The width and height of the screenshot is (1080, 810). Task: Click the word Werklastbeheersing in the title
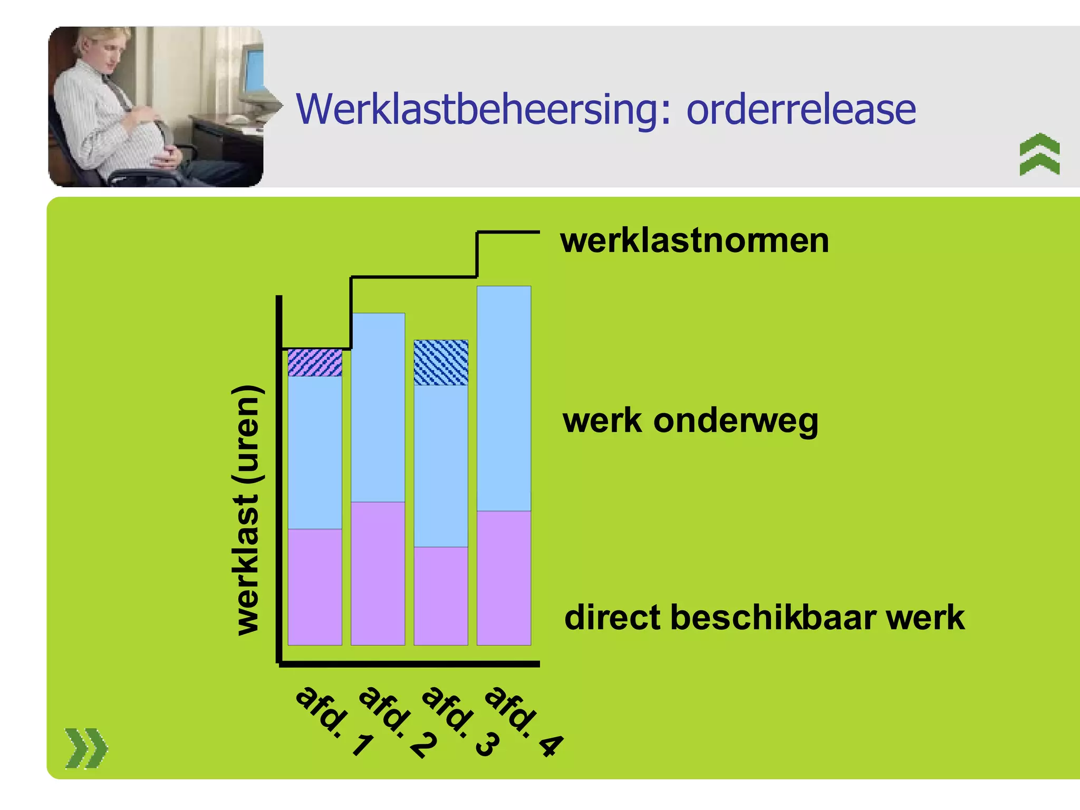(x=483, y=110)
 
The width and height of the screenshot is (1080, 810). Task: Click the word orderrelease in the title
(x=801, y=110)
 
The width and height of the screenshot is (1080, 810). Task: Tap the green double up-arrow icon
(x=1039, y=154)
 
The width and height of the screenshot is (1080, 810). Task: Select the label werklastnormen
(x=695, y=241)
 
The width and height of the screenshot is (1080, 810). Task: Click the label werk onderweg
(x=690, y=421)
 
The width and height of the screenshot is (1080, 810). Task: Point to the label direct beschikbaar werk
(x=764, y=618)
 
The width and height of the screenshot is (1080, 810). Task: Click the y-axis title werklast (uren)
(x=247, y=510)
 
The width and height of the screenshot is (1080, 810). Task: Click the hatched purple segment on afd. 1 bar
(x=315, y=363)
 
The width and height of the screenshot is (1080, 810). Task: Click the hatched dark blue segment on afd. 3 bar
(x=441, y=363)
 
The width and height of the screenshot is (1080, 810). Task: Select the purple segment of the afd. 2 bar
(x=378, y=573)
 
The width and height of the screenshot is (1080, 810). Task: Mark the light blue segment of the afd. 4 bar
(x=504, y=399)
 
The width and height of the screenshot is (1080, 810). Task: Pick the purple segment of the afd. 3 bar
(x=441, y=596)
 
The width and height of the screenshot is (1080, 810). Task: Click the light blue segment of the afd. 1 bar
(x=315, y=452)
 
